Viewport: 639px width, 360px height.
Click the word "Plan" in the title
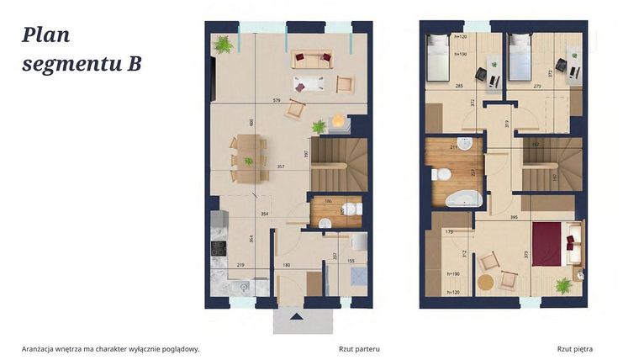point(46,34)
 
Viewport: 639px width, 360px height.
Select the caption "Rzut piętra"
point(577,347)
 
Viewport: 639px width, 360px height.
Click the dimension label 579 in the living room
point(276,101)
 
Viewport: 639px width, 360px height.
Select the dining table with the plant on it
point(248,159)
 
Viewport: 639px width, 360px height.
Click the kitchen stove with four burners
point(219,247)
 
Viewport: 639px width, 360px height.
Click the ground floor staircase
point(339,165)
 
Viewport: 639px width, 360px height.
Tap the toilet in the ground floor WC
point(356,210)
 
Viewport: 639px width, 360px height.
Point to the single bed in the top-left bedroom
point(440,57)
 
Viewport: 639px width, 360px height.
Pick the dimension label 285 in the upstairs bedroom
point(458,85)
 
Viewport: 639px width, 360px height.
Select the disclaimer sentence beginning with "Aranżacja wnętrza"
point(111,347)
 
